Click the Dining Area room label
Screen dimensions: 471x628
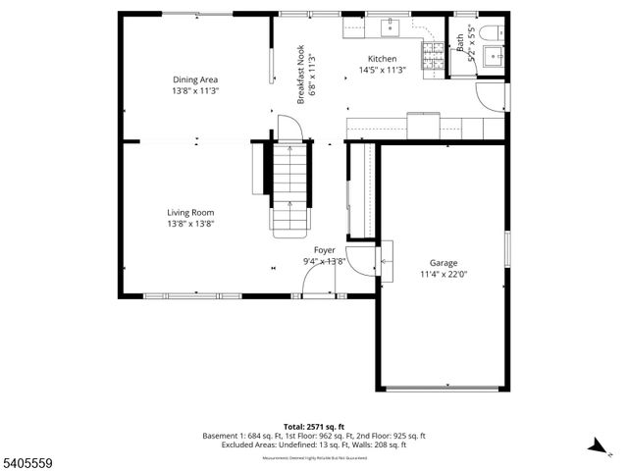(x=195, y=79)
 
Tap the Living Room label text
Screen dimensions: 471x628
(x=190, y=212)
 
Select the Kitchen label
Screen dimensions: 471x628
(x=383, y=59)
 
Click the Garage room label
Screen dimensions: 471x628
(x=444, y=263)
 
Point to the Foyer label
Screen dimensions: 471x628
(x=324, y=250)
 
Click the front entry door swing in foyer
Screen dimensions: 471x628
(x=318, y=282)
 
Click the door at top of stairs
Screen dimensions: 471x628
(x=287, y=128)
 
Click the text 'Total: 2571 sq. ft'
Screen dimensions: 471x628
(x=314, y=427)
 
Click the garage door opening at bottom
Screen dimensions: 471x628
(x=444, y=388)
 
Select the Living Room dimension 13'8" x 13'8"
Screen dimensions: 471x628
(x=190, y=224)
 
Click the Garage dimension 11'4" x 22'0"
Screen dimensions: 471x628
(x=444, y=275)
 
